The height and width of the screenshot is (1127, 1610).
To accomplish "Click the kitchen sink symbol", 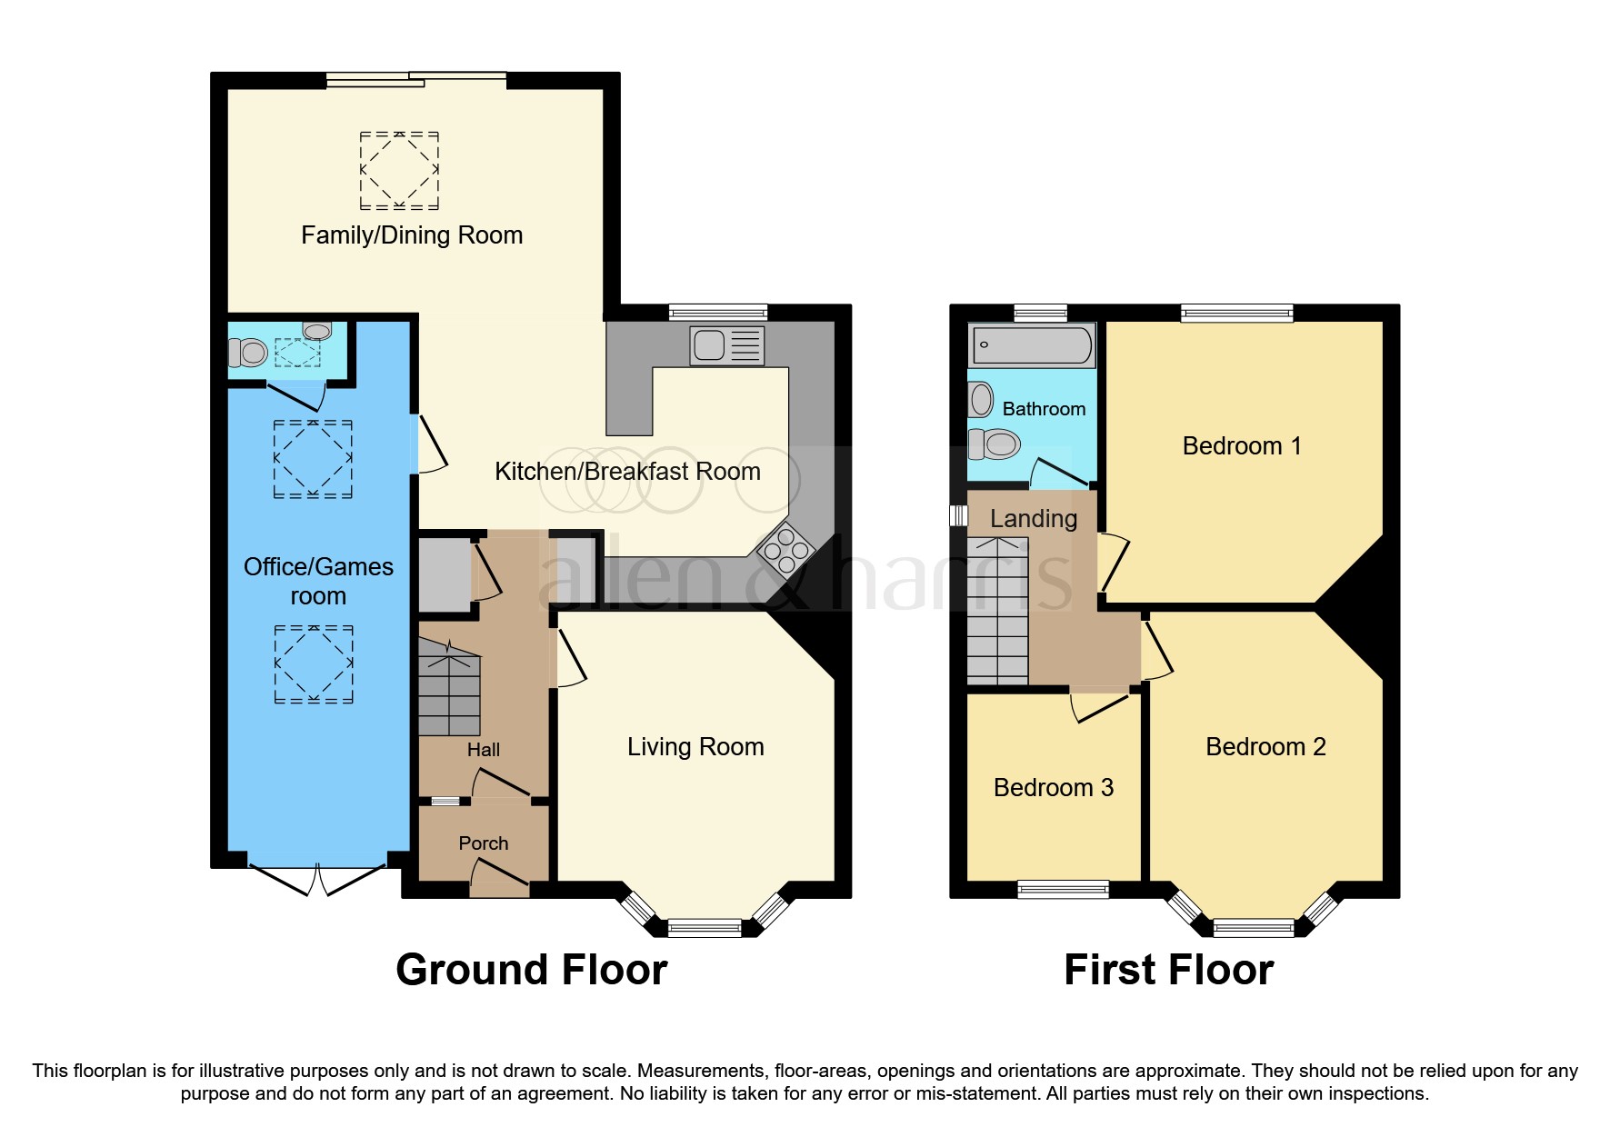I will click(x=726, y=345).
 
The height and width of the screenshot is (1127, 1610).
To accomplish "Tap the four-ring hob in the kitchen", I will click(x=786, y=551).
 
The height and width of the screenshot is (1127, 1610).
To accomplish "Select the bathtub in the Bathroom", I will click(x=1032, y=345).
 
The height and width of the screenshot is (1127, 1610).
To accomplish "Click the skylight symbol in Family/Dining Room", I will click(x=399, y=170).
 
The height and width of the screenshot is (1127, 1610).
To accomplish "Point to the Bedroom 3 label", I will click(x=1053, y=787).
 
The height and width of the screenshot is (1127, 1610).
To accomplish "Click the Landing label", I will click(x=1033, y=519).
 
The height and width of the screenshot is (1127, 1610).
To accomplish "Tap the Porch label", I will click(x=483, y=843).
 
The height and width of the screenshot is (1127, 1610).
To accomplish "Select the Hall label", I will click(x=483, y=750).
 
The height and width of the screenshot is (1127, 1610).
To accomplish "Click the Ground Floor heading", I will click(x=531, y=970).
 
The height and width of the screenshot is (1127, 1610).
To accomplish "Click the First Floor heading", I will click(x=1168, y=970).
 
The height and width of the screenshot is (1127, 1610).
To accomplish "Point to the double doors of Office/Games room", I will click(x=317, y=879).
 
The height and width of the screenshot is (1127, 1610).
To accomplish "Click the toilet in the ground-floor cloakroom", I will click(x=246, y=352).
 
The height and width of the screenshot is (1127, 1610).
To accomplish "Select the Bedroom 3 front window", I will click(x=1063, y=889).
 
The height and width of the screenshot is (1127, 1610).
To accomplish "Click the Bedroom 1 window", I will click(x=1236, y=314).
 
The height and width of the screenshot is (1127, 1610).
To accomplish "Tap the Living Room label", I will click(x=695, y=747).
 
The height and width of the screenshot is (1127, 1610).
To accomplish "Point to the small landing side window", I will click(x=958, y=515).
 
